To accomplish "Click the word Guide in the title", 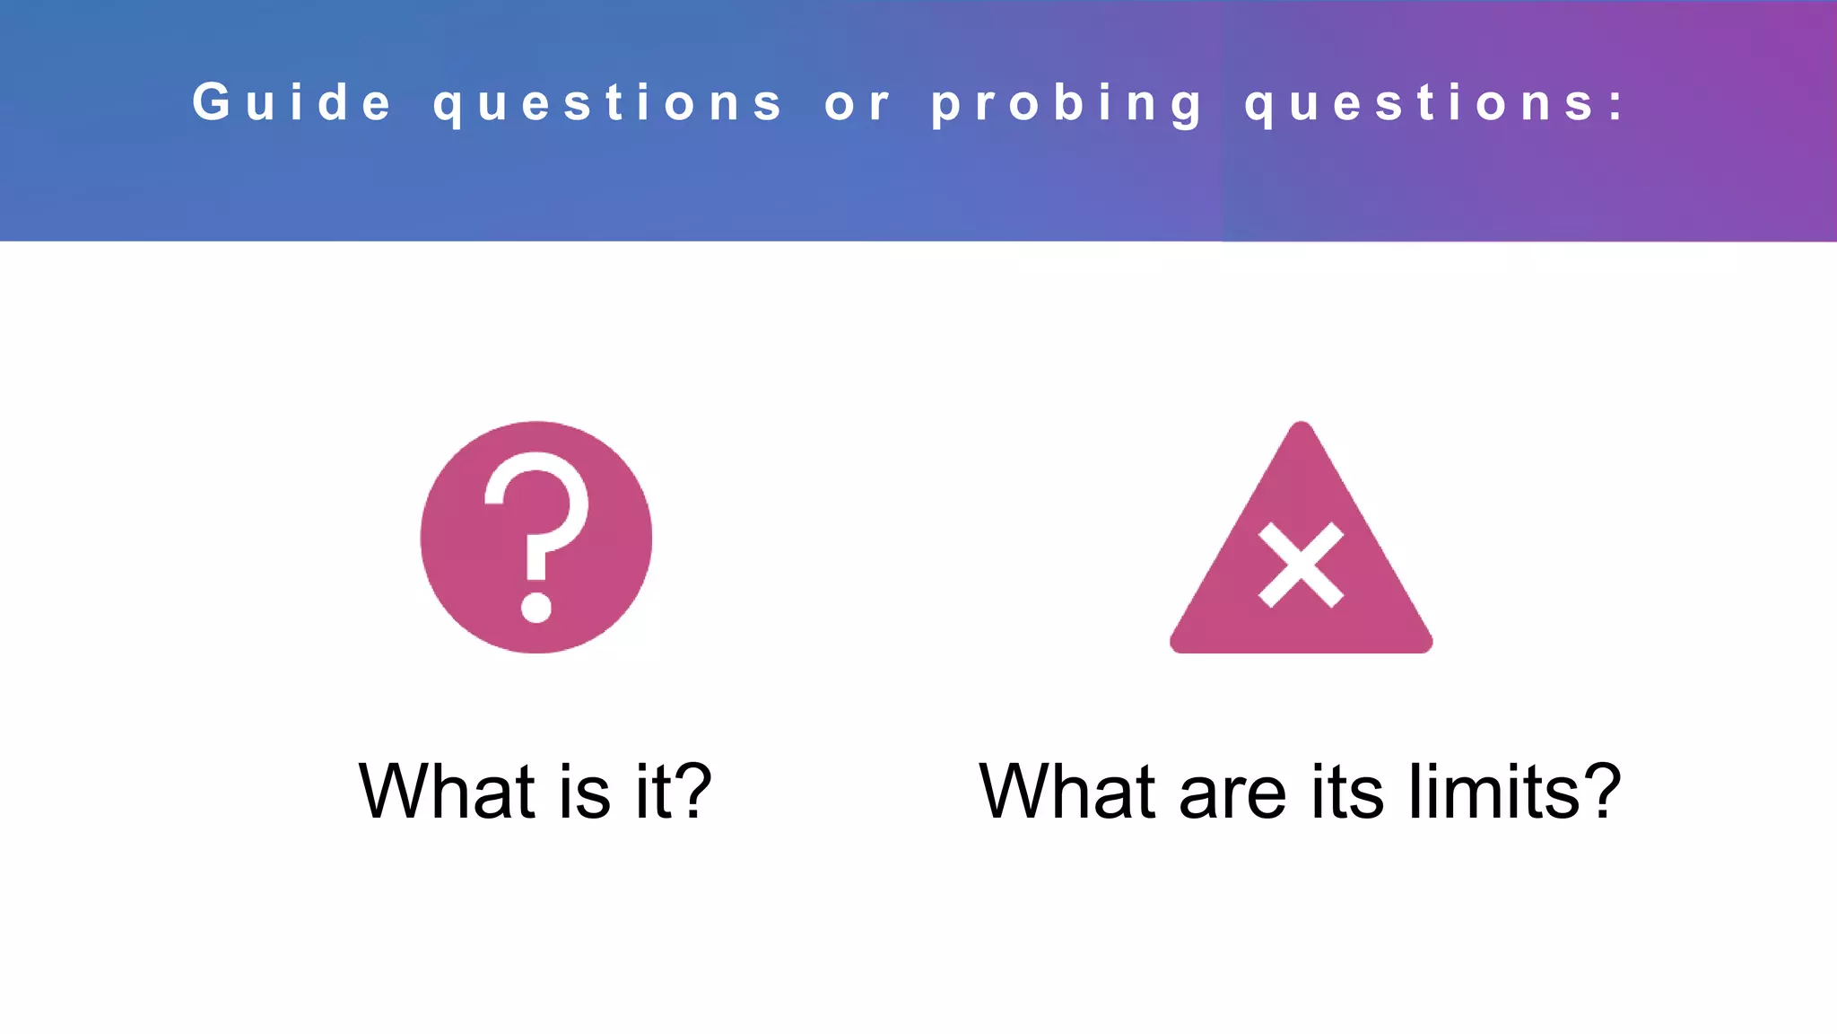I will tap(292, 101).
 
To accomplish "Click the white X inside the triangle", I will tap(1301, 565).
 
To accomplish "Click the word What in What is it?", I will tap(447, 791).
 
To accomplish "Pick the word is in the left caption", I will tap(584, 791).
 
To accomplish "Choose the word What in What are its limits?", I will tap(1067, 791).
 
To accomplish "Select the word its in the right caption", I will tap(1348, 791).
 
